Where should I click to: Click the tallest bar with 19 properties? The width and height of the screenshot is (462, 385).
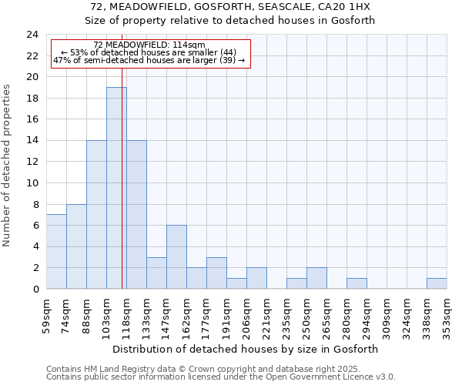(x=116, y=188)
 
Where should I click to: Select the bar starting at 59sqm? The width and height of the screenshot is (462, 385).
(x=56, y=252)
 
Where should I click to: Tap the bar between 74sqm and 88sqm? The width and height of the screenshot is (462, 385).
(x=76, y=246)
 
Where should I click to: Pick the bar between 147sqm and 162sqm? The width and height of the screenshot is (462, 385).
(x=176, y=257)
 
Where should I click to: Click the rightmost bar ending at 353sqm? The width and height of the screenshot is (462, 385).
(x=437, y=283)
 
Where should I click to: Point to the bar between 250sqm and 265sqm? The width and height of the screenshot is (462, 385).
(x=316, y=278)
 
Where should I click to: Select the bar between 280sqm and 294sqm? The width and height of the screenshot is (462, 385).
(x=357, y=283)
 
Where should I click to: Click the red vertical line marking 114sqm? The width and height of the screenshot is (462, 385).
(x=122, y=192)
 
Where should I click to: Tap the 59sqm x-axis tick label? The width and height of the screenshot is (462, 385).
(x=46, y=313)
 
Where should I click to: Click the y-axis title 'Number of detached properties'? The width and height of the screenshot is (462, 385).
(x=7, y=166)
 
